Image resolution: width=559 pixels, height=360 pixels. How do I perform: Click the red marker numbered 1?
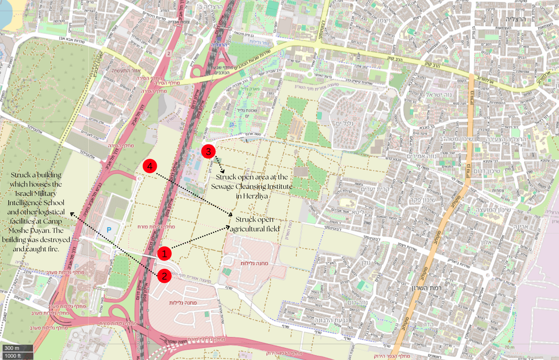pyautogui.click(x=164, y=253)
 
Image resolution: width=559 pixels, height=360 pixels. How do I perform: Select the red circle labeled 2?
pyautogui.click(x=164, y=275)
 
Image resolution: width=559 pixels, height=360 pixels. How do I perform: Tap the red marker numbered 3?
pyautogui.click(x=208, y=151)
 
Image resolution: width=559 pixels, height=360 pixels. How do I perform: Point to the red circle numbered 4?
pyautogui.click(x=150, y=167)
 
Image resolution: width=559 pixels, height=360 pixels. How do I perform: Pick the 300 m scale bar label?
pyautogui.click(x=11, y=348)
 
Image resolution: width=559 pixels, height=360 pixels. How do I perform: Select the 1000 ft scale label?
pyautogui.click(x=13, y=356)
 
